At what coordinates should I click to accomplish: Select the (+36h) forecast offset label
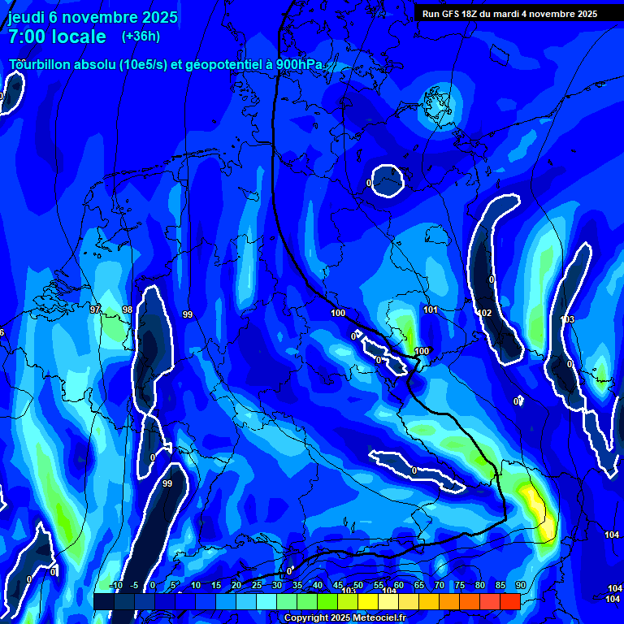(141, 37)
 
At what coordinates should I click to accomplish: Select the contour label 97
(95, 310)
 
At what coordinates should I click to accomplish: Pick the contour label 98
(128, 310)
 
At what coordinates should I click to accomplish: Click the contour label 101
(431, 310)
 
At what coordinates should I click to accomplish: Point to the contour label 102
(485, 313)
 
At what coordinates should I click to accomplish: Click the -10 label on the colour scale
(115, 586)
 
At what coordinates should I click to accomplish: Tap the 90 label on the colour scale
(520, 586)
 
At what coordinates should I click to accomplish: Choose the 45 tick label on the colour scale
(337, 586)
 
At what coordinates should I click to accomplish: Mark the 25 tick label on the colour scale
(256, 586)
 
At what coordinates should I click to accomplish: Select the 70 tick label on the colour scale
(439, 586)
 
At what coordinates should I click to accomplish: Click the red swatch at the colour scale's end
(509, 601)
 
